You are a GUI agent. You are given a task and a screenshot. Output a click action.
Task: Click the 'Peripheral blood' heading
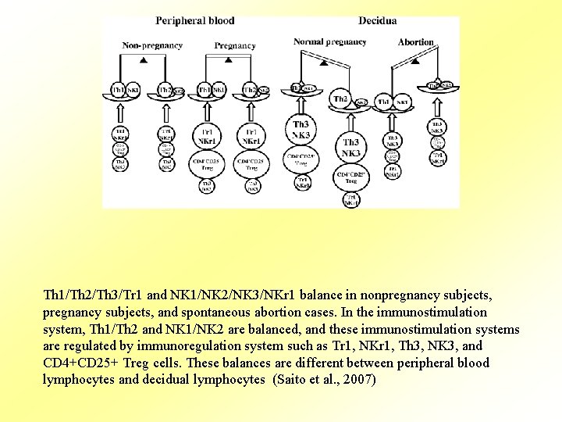194,20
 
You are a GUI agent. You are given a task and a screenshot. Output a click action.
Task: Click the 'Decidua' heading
377,20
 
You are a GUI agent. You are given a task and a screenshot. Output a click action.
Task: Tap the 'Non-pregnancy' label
152,45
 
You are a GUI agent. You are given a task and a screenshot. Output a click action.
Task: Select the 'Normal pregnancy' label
329,41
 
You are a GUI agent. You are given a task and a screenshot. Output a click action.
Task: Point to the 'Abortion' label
415,41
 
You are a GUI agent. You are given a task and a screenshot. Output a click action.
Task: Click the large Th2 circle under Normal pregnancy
340,99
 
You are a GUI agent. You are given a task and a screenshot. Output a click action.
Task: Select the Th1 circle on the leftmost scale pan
119,91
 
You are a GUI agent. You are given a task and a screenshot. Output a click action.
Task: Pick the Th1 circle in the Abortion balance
384,102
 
